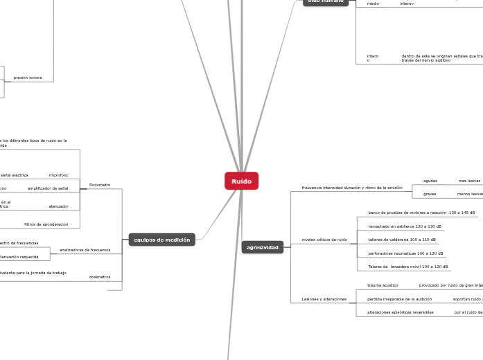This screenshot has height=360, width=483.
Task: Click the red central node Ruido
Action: click(241, 181)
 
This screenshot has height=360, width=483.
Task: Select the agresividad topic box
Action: click(263, 247)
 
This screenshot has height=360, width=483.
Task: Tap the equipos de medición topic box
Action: click(162, 240)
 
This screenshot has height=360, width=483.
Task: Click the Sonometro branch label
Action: click(100, 185)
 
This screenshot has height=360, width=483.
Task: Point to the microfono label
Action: click(58, 175)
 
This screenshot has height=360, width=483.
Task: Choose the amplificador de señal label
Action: click(48, 188)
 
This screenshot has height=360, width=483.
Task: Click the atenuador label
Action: click(58, 206)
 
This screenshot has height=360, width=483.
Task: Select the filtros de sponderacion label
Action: click(46, 224)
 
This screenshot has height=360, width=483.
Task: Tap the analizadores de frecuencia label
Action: click(85, 249)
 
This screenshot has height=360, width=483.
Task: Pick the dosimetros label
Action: click(100, 277)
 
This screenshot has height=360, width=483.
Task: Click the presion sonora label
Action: click(28, 78)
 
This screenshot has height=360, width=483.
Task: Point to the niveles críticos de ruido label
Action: click(324, 240)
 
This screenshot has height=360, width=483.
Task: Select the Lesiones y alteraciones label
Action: click(324, 299)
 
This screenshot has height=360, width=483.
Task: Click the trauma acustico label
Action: click(383, 285)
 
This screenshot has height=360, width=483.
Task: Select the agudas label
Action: click(430, 181)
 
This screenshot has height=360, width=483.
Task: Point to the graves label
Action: click(430, 194)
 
